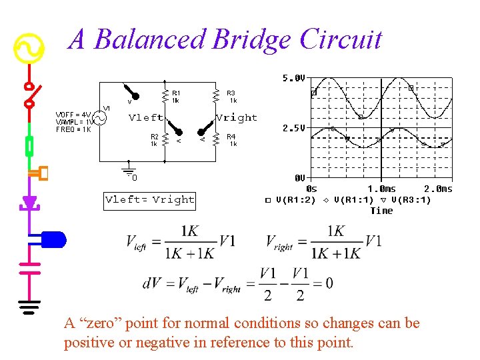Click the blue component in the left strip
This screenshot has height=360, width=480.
pyautogui.click(x=53, y=239)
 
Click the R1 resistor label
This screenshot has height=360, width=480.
pyautogui.click(x=176, y=93)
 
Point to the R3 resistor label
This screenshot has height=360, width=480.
pyautogui.click(x=231, y=93)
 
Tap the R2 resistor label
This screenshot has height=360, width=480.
pyautogui.click(x=154, y=137)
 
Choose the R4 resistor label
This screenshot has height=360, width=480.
pyautogui.click(x=231, y=137)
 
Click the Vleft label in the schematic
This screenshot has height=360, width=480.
pyautogui.click(x=145, y=118)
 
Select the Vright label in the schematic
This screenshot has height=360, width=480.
pyautogui.click(x=237, y=118)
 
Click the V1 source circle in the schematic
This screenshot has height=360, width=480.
pyautogui.click(x=99, y=118)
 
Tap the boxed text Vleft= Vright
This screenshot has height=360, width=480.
pyautogui.click(x=150, y=199)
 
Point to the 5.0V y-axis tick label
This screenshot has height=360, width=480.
pyautogui.click(x=293, y=78)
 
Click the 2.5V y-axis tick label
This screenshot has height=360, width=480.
pyautogui.click(x=293, y=127)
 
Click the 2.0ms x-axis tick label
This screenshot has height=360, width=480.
pyautogui.click(x=438, y=189)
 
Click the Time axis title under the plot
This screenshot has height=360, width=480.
pyautogui.click(x=381, y=211)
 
